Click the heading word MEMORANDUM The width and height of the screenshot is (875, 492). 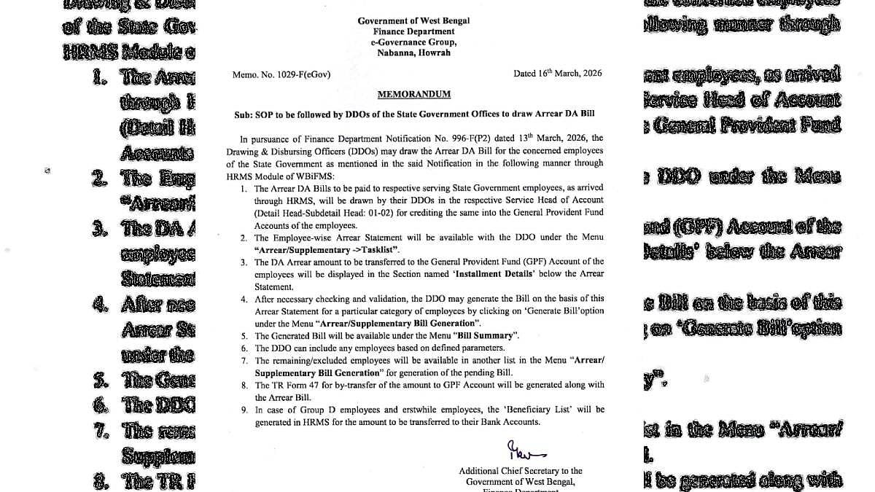pos(413,94)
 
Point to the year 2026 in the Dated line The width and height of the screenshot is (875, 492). pos(590,74)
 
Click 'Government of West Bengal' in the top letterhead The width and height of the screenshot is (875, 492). pos(413,21)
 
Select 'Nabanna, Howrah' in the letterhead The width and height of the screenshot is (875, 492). pos(413,52)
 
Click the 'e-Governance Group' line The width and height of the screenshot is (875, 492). pos(413,42)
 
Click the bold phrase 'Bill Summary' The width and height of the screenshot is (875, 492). pos(491,336)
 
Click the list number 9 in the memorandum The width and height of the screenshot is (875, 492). pos(244,410)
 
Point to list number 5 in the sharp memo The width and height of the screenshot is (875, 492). pos(244,336)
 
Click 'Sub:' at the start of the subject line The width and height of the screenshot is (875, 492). pos(242,116)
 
